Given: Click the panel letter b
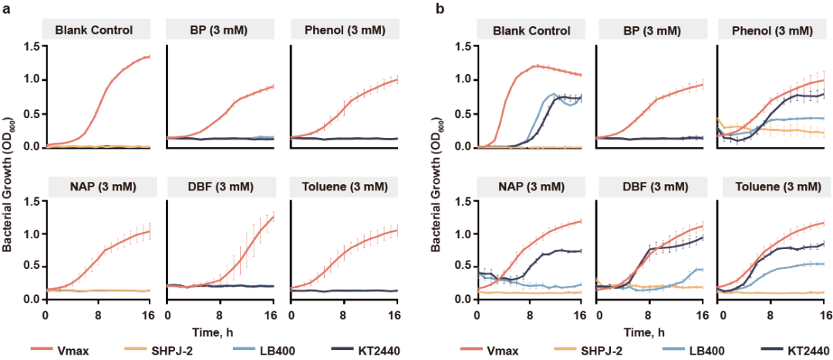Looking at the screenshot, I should click(x=439, y=9).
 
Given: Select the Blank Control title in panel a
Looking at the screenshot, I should click(x=98, y=31).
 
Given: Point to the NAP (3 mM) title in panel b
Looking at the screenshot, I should click(x=531, y=187).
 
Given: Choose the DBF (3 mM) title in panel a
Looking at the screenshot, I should click(x=221, y=187).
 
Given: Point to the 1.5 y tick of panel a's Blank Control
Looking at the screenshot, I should click(x=31, y=47).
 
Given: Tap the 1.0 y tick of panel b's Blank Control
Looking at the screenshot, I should click(x=463, y=80).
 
